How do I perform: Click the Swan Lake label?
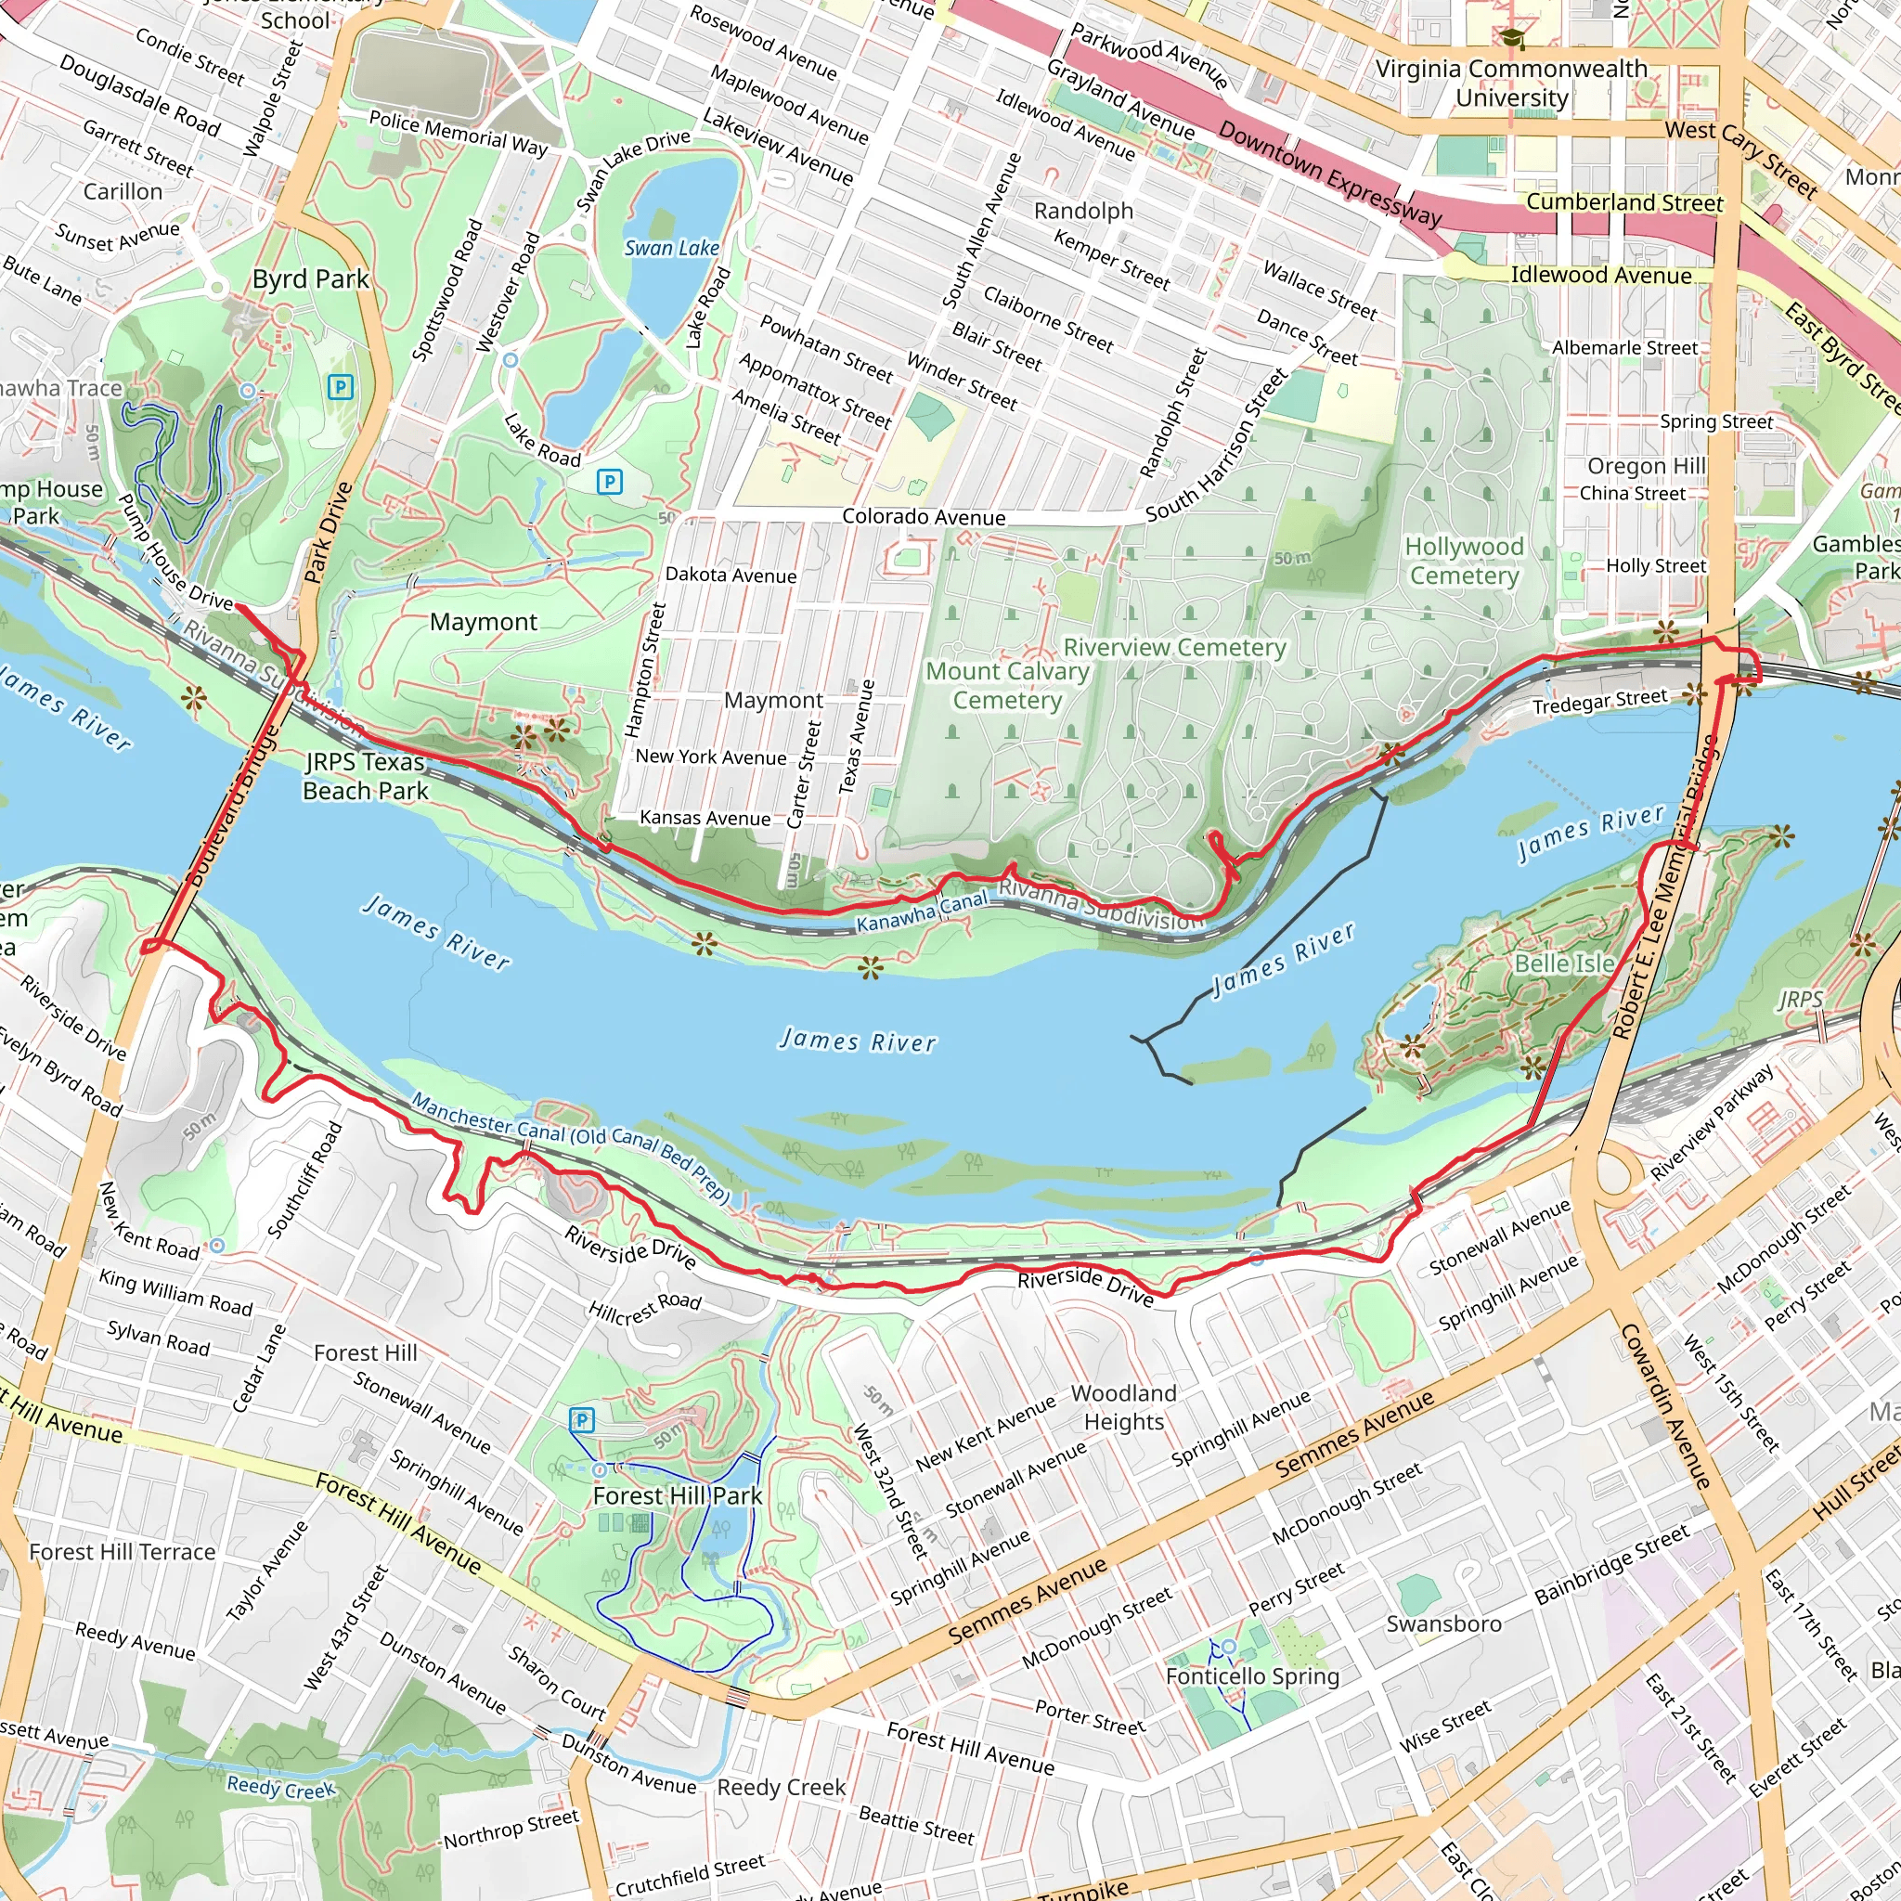[x=671, y=248]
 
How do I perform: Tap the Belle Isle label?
[x=1563, y=963]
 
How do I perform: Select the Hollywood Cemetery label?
[x=1463, y=561]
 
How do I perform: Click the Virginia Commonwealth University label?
[x=1510, y=83]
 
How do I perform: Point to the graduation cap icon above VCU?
[x=1510, y=38]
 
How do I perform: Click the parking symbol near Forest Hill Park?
[x=581, y=1420]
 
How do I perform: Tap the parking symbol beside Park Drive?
[x=341, y=387]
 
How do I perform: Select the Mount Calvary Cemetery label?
[x=1006, y=685]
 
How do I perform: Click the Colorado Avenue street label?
[x=923, y=518]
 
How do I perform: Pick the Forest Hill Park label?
[x=677, y=1495]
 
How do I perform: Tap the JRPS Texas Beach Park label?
[x=365, y=775]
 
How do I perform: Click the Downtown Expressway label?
[x=1329, y=174]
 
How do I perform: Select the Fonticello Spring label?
[x=1251, y=1675]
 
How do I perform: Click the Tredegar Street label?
[x=1599, y=702]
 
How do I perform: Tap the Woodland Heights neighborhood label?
[x=1124, y=1407]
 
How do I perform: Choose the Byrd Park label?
[x=310, y=279]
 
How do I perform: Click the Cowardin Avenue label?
[x=1665, y=1405]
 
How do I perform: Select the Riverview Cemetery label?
[x=1174, y=648]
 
